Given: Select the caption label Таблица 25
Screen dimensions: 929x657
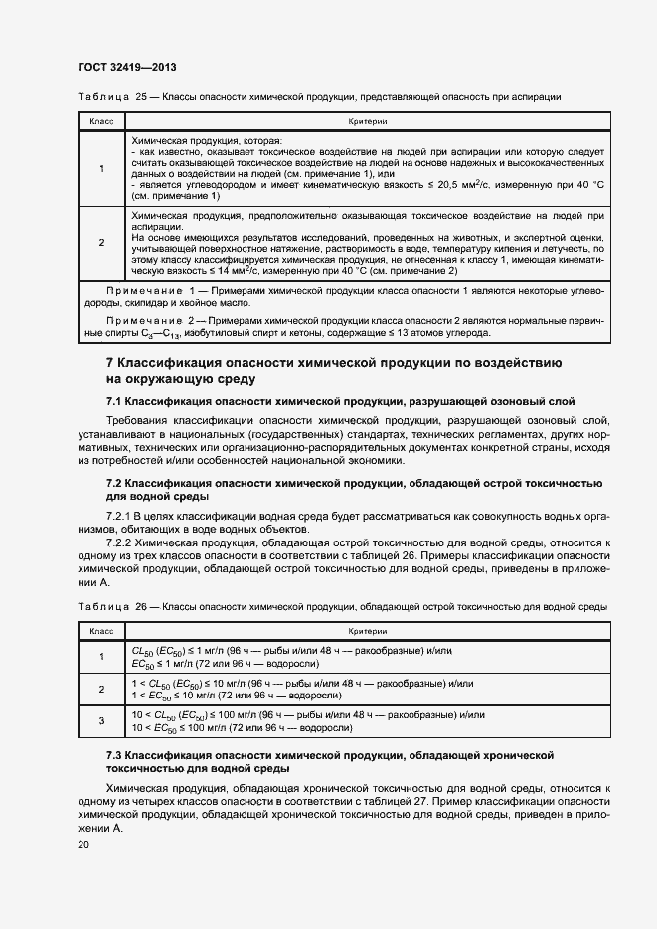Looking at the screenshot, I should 97,96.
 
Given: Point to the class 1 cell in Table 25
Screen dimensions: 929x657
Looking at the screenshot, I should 102,168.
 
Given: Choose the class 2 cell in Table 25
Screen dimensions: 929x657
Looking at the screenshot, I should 102,242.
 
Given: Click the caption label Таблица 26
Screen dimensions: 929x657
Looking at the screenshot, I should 97,606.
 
